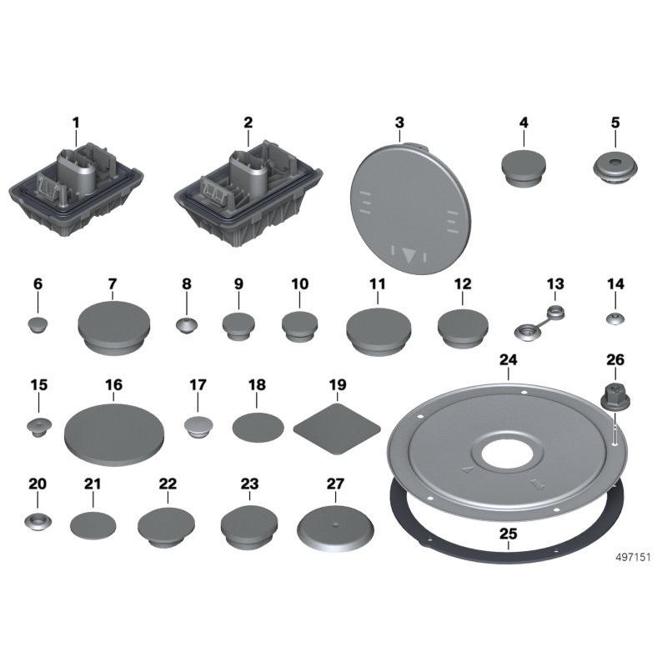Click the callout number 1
click(x=76, y=123)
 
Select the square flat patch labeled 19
click(x=337, y=429)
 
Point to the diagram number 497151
click(x=633, y=557)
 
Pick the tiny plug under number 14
click(x=615, y=318)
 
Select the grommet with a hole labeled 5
click(x=615, y=168)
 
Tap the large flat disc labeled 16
click(x=114, y=434)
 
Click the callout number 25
click(x=508, y=534)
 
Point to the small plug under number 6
click(x=38, y=325)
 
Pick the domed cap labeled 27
click(x=336, y=529)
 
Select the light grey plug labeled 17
click(x=198, y=428)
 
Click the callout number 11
click(x=378, y=284)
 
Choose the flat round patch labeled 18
click(x=258, y=428)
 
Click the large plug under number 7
click(x=114, y=327)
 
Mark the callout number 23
click(x=249, y=484)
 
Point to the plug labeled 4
click(x=524, y=168)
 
